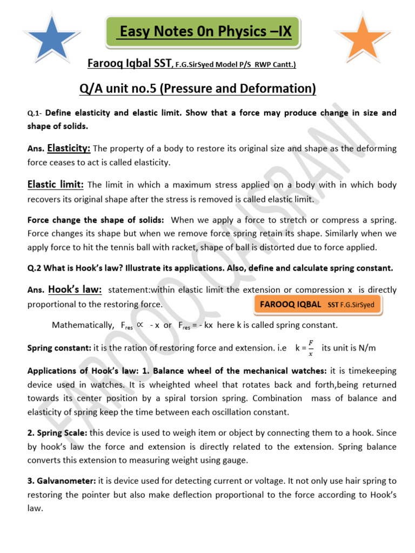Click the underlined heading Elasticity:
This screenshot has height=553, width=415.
(x=69, y=147)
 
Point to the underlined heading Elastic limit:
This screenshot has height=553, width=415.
(x=55, y=184)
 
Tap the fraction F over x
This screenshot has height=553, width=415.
(x=310, y=348)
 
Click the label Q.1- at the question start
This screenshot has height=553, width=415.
(x=35, y=113)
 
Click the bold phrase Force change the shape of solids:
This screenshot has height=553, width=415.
(x=96, y=220)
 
